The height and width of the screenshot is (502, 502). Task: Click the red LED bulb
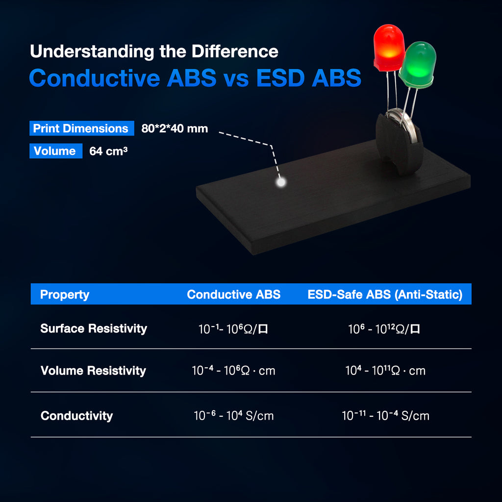coord(389,46)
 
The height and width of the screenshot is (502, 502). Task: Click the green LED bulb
coord(418,64)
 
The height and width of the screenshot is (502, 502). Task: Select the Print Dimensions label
coord(81,128)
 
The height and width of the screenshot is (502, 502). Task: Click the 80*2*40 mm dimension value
coord(175,129)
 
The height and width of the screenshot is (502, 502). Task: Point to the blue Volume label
coord(55,151)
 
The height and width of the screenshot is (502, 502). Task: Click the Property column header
coord(65,295)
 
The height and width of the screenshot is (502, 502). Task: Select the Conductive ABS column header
coord(234,295)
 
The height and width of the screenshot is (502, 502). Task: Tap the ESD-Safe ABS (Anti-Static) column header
coord(385,295)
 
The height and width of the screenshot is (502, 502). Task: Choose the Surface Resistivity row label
coord(94,328)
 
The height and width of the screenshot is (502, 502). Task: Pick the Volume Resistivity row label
coord(93,371)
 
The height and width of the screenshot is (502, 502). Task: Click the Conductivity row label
coord(76,416)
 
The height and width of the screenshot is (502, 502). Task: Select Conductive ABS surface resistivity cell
coord(233,329)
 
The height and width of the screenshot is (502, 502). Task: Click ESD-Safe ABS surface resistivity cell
coord(384,329)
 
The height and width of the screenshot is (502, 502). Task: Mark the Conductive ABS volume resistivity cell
coord(233,371)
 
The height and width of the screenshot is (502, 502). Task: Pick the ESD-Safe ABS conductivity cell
coord(385,416)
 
